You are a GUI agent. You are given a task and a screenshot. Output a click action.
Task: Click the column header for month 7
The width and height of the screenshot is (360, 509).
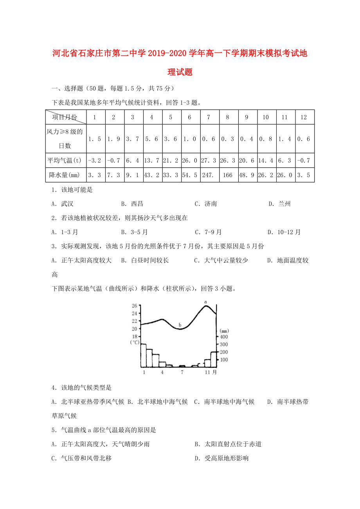tap(209, 117)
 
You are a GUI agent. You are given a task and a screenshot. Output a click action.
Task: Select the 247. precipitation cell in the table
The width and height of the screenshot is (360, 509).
tap(209, 175)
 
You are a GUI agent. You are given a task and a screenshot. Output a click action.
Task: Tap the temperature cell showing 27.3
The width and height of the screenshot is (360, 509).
tap(209, 160)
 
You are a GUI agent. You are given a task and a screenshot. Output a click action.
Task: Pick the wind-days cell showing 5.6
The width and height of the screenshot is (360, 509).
tap(151, 138)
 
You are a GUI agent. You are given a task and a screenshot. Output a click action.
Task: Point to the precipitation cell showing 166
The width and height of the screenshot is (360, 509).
tap(227, 175)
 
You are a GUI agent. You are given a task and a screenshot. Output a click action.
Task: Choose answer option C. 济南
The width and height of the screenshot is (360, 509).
tap(206, 204)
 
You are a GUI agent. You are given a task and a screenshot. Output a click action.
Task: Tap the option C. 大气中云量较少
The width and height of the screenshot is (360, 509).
tap(221, 260)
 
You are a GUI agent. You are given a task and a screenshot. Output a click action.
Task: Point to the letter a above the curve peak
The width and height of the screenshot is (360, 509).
tap(205, 301)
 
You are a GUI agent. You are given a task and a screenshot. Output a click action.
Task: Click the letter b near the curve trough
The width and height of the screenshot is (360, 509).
tap(180, 325)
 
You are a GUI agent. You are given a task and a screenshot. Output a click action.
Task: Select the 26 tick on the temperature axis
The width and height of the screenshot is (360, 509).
tap(134, 306)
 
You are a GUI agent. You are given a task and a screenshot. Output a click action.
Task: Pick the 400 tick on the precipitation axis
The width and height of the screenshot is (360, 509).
tap(223, 337)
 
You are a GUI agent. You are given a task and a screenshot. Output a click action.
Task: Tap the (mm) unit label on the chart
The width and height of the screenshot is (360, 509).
tap(224, 331)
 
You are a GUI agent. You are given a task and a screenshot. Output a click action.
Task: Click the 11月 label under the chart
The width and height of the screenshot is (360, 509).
tap(211, 373)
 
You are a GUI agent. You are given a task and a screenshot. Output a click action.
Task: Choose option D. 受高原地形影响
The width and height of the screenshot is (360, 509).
tap(221, 458)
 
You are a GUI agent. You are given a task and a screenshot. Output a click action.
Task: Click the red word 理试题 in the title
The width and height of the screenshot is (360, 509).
tap(180, 72)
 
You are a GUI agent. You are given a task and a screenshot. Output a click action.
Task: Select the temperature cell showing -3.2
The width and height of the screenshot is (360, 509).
tap(94, 160)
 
